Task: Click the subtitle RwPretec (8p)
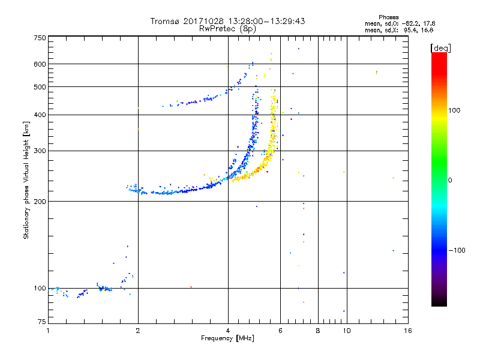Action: point(227,28)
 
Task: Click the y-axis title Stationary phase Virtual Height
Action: point(26,180)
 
